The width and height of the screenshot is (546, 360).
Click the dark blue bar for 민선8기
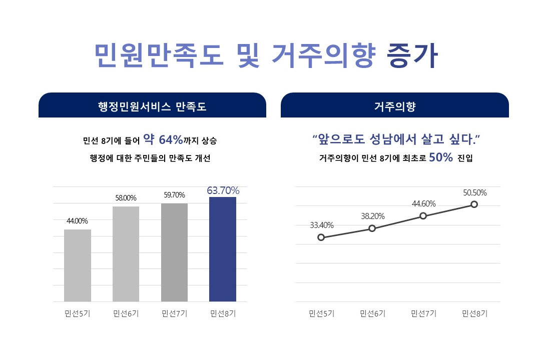pyautogui.click(x=222, y=249)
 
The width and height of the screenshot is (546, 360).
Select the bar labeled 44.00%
pyautogui.click(x=78, y=265)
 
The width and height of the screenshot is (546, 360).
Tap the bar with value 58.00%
pyautogui.click(x=126, y=253)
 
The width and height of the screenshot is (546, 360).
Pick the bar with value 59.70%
pyautogui.click(x=174, y=252)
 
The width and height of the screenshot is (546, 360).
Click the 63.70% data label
pyautogui.click(x=223, y=190)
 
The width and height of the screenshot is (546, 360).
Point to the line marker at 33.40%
pyautogui.click(x=321, y=237)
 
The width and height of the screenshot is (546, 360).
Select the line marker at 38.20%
pyautogui.click(x=372, y=228)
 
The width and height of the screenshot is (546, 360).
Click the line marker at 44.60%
pyautogui.click(x=423, y=215)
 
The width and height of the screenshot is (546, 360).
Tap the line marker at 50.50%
pyautogui.click(x=474, y=204)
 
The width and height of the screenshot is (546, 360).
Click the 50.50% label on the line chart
pyautogui.click(x=474, y=192)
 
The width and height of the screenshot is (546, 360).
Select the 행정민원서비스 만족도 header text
pyautogui.click(x=152, y=106)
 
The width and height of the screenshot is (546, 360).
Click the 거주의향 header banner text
pyautogui.click(x=394, y=106)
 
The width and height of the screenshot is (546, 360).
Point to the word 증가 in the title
pyautogui.click(x=412, y=56)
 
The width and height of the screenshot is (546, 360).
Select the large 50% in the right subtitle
pyautogui.click(x=440, y=157)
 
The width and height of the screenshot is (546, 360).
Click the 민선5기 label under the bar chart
pyautogui.click(x=77, y=314)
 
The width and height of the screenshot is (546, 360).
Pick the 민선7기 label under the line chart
pyautogui.click(x=423, y=314)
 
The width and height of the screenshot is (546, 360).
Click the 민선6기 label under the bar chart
pyautogui.click(x=126, y=314)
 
